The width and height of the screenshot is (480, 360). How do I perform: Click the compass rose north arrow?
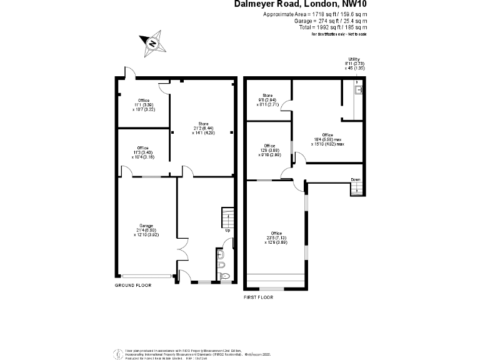pos(152,44)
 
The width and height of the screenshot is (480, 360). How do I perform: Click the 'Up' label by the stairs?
pos(227,231)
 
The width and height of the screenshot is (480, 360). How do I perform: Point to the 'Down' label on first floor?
pos(355,179)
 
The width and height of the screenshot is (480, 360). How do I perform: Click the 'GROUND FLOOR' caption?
pos(132,285)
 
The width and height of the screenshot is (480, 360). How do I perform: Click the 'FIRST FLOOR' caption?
pos(258,297)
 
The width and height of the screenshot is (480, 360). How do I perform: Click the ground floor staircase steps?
pos(227,218)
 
